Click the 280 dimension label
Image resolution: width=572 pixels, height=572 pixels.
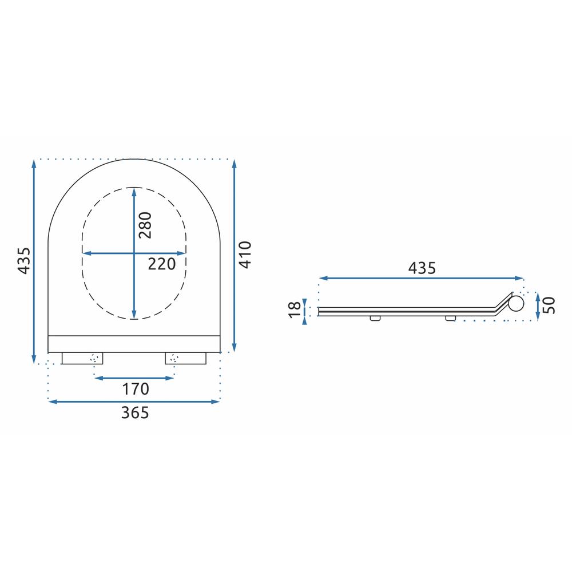pos(145,225)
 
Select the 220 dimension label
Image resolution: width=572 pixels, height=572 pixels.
pos(162,264)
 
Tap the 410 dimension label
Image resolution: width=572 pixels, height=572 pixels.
pos(246,255)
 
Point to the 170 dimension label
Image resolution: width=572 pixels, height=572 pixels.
pos(136,389)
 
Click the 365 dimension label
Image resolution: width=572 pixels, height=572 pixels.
pos(135,412)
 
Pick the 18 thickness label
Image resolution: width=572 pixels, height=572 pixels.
pos(295,309)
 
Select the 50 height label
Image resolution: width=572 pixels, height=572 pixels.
pos(549,305)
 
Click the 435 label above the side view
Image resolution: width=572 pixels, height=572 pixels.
pos(422,268)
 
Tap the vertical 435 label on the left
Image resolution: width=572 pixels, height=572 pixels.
pos(25,260)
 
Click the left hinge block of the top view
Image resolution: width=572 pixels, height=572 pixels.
pos(82,358)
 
